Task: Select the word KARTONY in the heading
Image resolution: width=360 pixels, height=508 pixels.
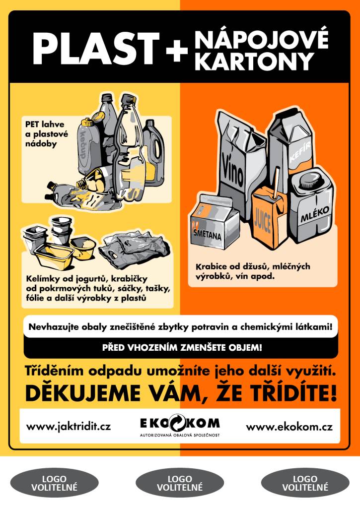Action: click(x=255, y=61)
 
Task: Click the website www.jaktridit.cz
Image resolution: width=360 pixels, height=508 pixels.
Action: click(x=69, y=426)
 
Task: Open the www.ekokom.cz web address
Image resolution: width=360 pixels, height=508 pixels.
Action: click(x=289, y=426)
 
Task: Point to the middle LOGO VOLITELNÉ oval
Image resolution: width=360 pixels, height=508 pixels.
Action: click(x=180, y=483)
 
